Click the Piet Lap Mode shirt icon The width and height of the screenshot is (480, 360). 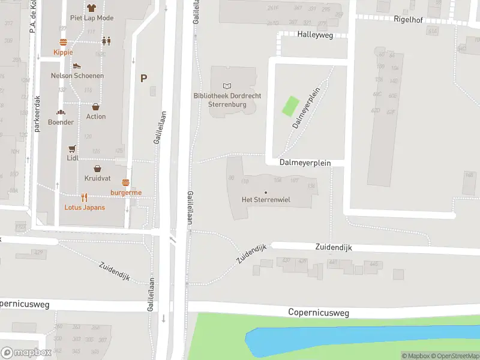click(x=91, y=8)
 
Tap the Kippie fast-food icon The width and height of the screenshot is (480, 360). click(x=63, y=42)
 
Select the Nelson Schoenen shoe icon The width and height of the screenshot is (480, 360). click(x=77, y=66)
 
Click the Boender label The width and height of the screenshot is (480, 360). click(x=61, y=122)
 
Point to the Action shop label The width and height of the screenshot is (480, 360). click(x=96, y=116)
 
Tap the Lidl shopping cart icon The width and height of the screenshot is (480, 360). click(x=73, y=148)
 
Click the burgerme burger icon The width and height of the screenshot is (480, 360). click(x=126, y=182)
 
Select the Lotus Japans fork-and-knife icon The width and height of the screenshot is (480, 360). click(x=85, y=197)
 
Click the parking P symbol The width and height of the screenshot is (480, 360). click(x=143, y=78)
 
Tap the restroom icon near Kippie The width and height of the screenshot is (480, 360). click(x=106, y=41)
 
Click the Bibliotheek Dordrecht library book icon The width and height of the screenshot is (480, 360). click(x=226, y=86)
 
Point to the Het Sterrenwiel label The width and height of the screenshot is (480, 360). click(x=266, y=200)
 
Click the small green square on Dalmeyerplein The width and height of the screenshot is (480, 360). click(x=290, y=106)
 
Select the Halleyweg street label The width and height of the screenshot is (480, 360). click(x=314, y=35)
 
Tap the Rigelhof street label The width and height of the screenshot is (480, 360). click(x=408, y=19)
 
